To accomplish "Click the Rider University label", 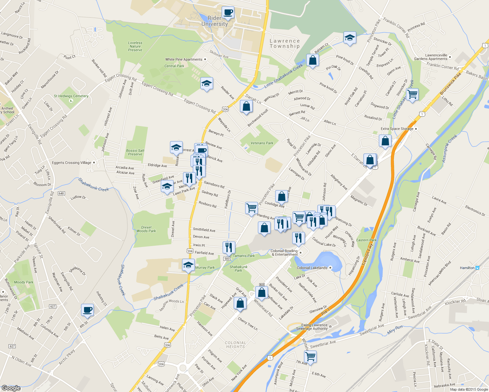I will tap(214, 21).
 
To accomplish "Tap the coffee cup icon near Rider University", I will tap(228, 13).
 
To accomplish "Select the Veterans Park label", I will tap(262, 143).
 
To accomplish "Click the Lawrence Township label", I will tap(284, 43).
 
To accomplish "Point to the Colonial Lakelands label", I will tap(312, 268).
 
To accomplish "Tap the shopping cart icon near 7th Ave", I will tap(310, 356).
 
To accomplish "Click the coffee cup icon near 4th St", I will tap(87, 310).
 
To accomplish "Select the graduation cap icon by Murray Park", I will tap(188, 265).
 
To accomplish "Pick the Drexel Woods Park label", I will tap(146, 229).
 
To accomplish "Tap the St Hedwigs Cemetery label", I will tap(71, 96).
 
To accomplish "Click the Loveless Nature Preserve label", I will tap(135, 46).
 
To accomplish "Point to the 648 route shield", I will tap(61, 193).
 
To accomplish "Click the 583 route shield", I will tap(227, 259).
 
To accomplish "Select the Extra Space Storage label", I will tap(397, 129).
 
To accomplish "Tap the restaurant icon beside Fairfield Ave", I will tap(229, 247).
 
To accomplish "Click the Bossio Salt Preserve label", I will tap(135, 152).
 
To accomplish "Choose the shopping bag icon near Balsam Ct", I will tap(312, 61).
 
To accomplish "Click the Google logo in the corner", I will tap(11, 388).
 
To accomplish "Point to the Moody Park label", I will tap(24, 282).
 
